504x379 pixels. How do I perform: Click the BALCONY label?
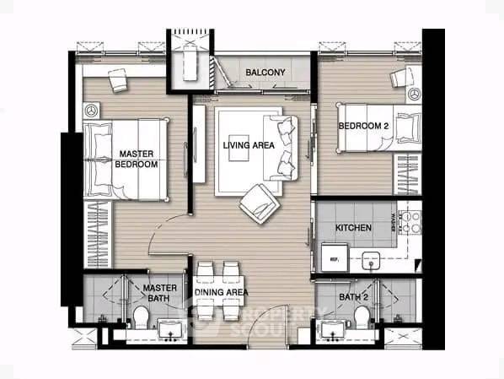265,73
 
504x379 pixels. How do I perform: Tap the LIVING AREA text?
249,145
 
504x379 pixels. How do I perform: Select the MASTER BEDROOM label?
137,160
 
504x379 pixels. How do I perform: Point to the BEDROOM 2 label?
362,127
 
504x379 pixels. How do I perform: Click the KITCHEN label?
354,228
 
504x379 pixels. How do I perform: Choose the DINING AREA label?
221,292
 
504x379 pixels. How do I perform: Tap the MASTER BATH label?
159,292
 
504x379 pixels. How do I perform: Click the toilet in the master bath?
142,319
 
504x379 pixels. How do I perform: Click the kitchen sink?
372,260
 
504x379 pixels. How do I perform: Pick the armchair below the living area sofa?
259,203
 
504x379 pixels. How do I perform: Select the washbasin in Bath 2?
331,328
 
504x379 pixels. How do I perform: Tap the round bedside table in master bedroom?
92,110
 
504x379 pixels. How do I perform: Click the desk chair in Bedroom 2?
399,77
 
